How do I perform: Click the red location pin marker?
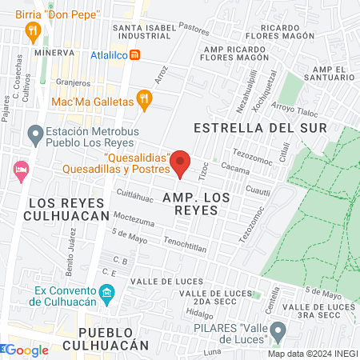pos(182,163)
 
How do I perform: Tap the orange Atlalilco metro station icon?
pos(137,55)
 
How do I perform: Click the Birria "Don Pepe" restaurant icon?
pos(33,32)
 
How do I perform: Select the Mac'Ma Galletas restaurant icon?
pos(144,98)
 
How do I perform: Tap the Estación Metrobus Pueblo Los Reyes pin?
pos(34,134)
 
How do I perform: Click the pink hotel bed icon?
pos(21,170)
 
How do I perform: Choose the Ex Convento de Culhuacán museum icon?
pos(107,294)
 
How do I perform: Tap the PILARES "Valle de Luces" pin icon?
pos(278,330)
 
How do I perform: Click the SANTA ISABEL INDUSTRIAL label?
pos(146,32)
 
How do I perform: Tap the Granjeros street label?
pos(74,82)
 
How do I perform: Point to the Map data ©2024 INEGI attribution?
pos(313,354)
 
